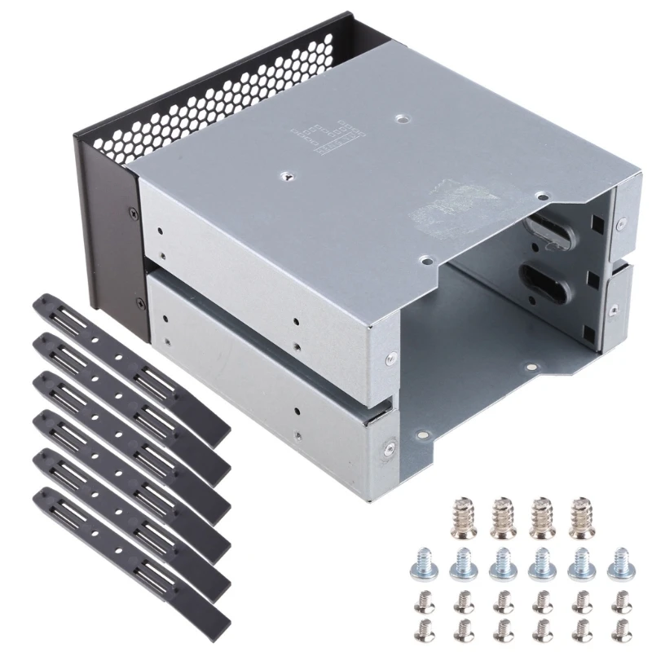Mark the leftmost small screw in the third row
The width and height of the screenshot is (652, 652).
[423, 601]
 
